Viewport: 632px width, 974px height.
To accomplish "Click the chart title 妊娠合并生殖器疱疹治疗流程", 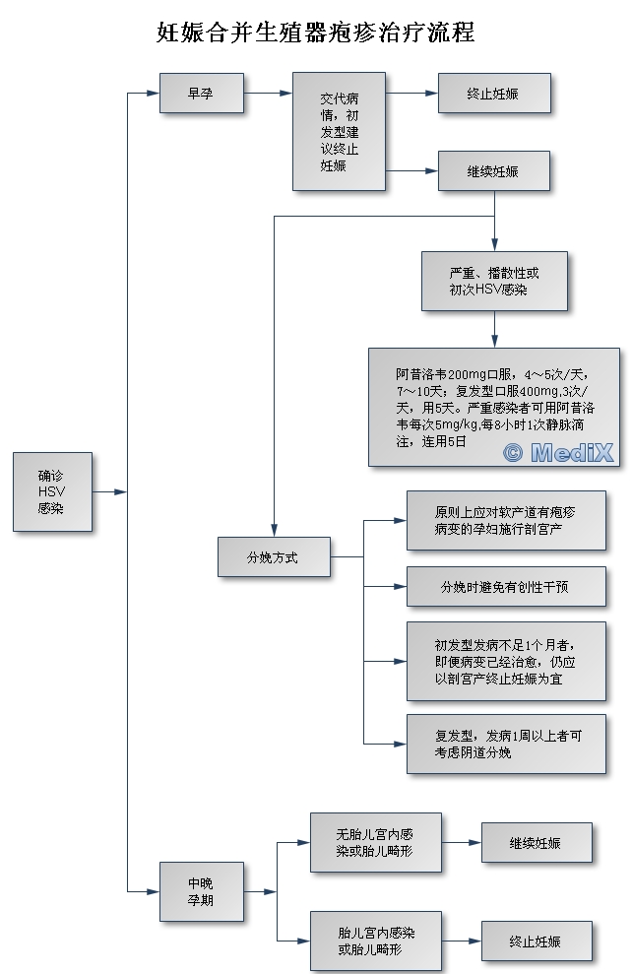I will pos(316,33).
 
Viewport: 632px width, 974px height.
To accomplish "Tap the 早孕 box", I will pos(201,94).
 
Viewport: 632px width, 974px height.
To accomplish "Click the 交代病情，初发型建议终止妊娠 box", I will pos(339,132).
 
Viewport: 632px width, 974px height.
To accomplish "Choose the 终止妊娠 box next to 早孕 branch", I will pos(493,94).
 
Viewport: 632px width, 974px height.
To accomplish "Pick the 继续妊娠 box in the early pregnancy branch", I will pos(493,171).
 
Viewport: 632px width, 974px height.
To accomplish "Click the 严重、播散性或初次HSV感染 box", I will pos(493,281).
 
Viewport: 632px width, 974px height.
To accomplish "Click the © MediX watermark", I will pos(558,452).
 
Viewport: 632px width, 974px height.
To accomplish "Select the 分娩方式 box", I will pos(273,557).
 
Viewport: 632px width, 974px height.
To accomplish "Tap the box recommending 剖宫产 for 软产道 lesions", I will pos(506,520).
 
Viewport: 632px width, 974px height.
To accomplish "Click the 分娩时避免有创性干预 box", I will pos(506,587).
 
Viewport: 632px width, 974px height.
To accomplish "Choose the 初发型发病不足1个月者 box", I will pos(506,661).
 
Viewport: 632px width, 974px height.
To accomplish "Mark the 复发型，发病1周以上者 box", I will pos(506,744).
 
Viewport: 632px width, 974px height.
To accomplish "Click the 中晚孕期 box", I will pos(201,891).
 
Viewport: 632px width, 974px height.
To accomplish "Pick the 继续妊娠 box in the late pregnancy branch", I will pos(536,843).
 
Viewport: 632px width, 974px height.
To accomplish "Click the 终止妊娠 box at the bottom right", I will pos(536,942).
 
